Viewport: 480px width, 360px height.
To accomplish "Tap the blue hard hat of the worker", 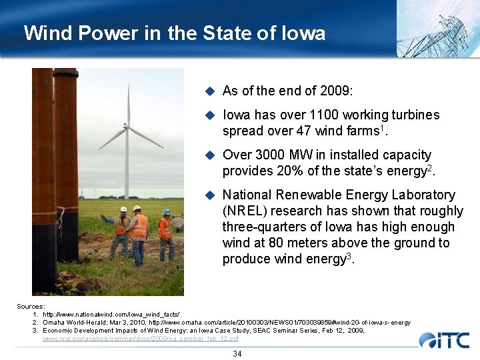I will pos(166,212).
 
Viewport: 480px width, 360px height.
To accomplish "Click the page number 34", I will pos(237,353).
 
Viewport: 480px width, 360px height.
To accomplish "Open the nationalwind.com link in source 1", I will pos(111,314).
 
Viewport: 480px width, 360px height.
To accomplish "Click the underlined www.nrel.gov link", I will pos(140,339).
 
